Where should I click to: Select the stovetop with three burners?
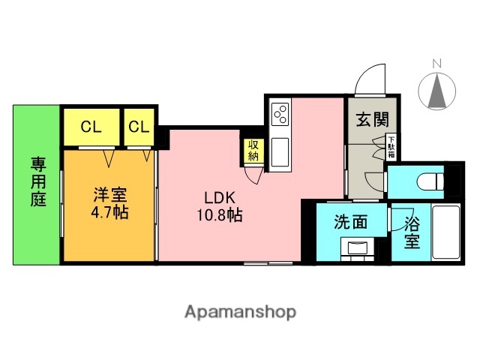tap(280, 113)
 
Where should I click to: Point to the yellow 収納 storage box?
tap(253, 151)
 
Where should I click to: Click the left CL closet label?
tap(91, 126)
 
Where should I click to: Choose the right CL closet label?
tap(139, 126)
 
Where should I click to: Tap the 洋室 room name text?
tap(109, 194)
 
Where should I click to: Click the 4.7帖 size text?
tap(109, 212)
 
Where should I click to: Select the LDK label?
tap(220, 198)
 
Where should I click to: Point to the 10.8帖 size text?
tap(220, 216)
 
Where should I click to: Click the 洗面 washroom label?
tap(350, 223)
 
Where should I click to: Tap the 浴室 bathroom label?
tap(412, 232)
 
